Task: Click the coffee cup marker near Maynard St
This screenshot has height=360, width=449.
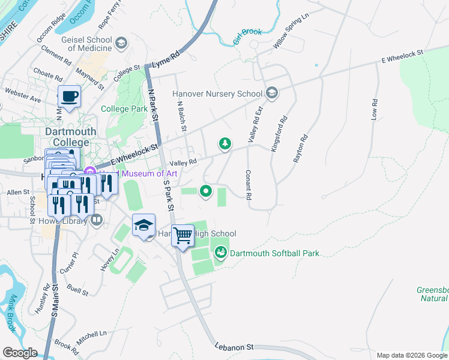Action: click(x=69, y=96)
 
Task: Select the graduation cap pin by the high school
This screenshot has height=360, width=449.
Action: click(x=143, y=226)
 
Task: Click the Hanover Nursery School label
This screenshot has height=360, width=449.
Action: click(x=217, y=94)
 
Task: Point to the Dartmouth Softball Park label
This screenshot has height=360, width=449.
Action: click(x=274, y=253)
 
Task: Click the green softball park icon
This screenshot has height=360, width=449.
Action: click(x=221, y=253)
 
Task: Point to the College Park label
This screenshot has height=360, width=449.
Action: click(x=124, y=109)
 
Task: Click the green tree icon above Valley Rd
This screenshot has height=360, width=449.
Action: click(x=225, y=143)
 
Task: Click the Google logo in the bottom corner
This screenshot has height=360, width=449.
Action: click(x=20, y=353)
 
